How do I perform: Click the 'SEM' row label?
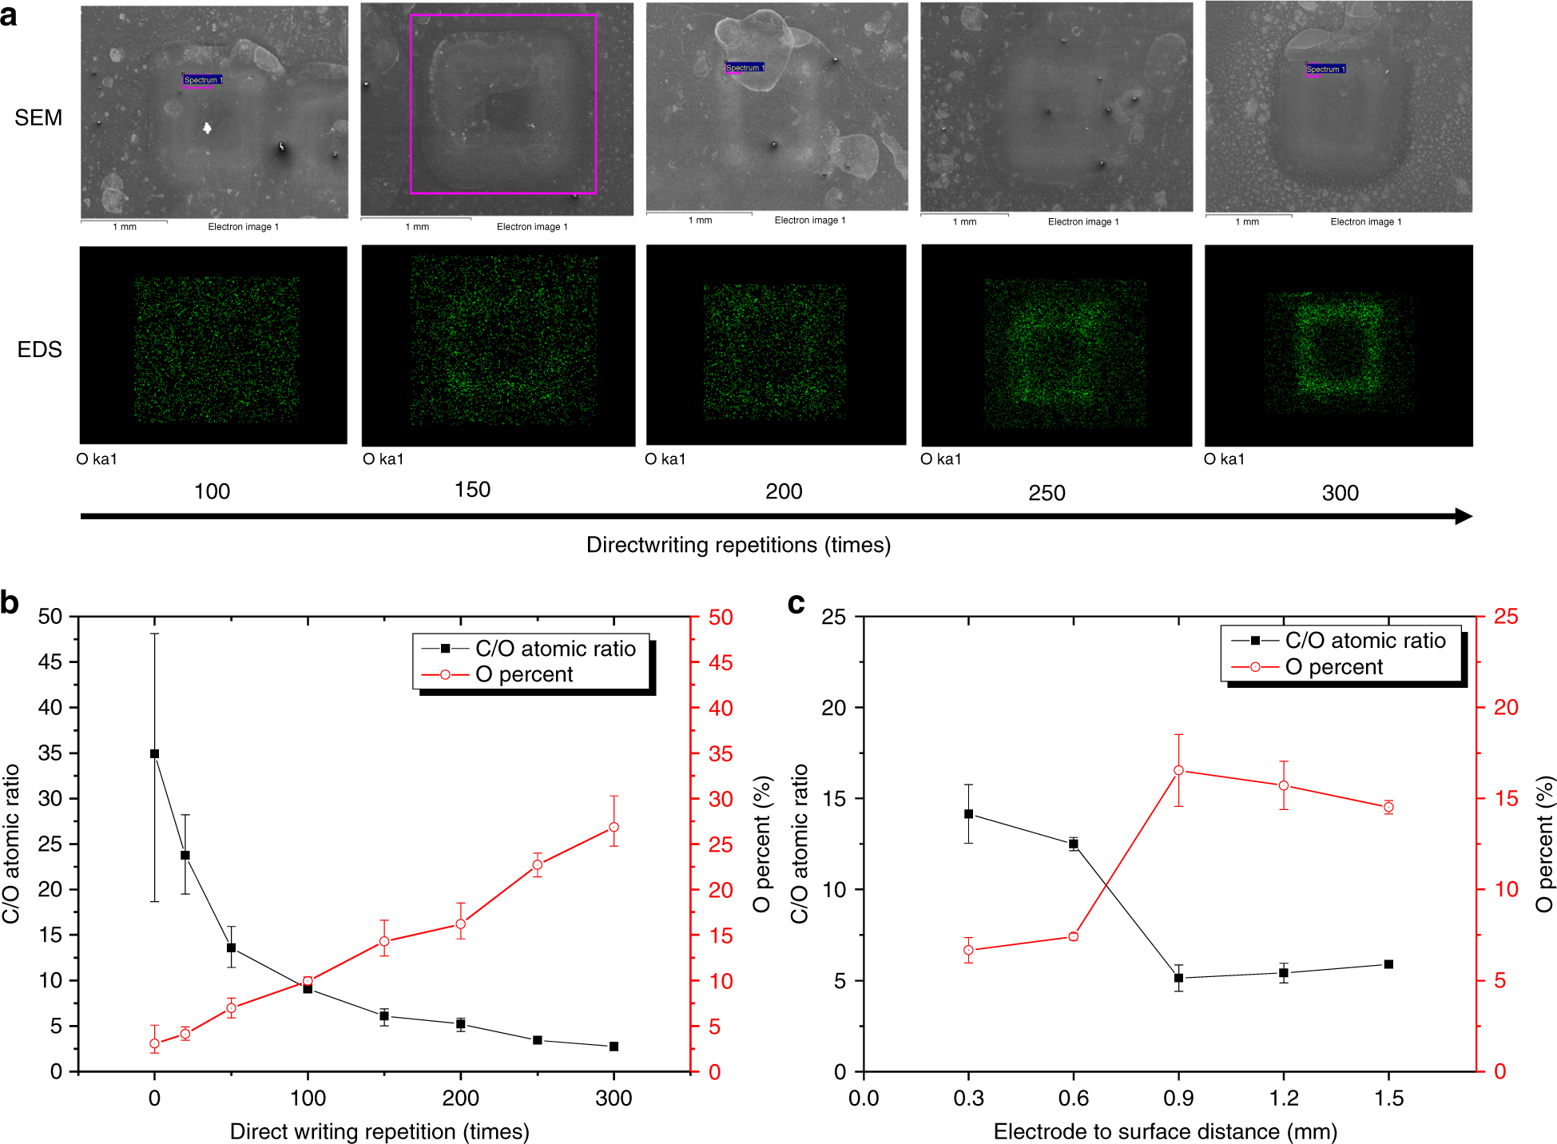click(38, 118)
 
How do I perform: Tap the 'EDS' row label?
click(39, 350)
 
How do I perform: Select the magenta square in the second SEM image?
click(503, 15)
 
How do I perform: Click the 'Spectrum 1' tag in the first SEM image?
click(203, 80)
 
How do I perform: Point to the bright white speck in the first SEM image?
click(207, 127)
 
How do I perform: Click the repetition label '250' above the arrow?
click(1047, 493)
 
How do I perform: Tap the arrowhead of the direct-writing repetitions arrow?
click(1464, 516)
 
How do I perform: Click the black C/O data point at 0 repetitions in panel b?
click(155, 753)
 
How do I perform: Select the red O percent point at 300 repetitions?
click(614, 828)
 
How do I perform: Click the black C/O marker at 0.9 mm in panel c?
click(1178, 978)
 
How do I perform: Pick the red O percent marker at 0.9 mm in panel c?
click(1178, 771)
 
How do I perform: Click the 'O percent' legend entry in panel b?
click(523, 675)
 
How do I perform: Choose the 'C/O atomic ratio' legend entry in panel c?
click(1364, 641)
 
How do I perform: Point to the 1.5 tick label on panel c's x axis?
click(1388, 1098)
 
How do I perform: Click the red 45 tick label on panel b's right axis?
click(721, 662)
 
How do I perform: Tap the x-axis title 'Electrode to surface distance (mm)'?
click(1165, 1132)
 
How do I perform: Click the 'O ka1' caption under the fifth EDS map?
click(1224, 459)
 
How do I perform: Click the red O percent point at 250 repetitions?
click(538, 864)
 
